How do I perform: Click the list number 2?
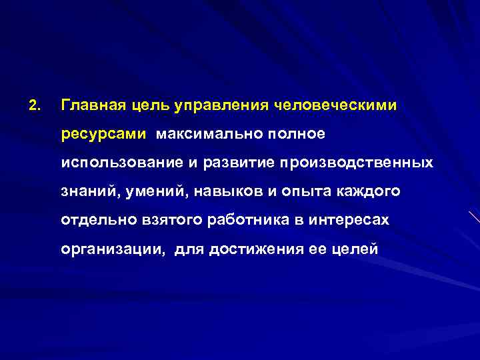click(35, 105)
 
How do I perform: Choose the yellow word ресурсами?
click(103, 135)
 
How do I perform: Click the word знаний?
click(89, 192)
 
